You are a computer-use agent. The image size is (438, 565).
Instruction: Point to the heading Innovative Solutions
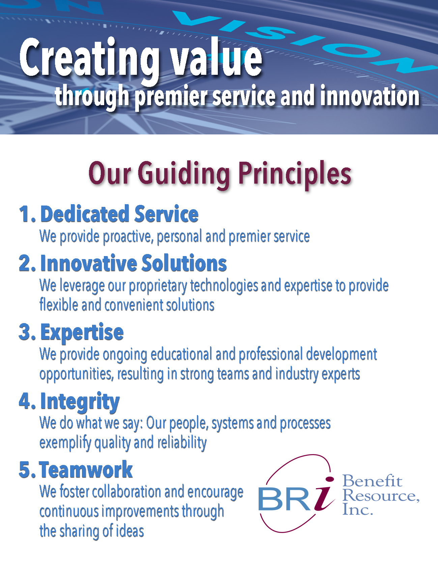(134, 263)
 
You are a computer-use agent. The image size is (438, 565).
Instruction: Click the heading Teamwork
(86, 470)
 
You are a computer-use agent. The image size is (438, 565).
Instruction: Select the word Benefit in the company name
(373, 481)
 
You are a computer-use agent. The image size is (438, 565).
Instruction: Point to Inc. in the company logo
(358, 509)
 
